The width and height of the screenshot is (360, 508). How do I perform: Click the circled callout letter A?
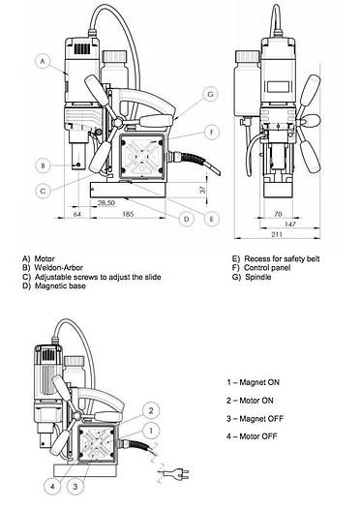click(43, 61)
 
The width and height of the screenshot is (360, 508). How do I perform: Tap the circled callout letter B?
click(43, 165)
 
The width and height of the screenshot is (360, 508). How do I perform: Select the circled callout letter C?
click(43, 191)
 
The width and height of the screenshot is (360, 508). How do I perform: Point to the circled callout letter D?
click(187, 219)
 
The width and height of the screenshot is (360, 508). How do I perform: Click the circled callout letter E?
click(212, 219)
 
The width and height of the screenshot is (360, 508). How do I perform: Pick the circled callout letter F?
click(212, 133)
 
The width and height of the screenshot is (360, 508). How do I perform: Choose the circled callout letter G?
click(211, 94)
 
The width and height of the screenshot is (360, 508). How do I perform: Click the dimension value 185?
click(128, 214)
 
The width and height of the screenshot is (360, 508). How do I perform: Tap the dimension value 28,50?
click(106, 203)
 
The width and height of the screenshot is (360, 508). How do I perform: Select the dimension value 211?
click(277, 234)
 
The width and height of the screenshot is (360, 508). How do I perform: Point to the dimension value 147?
click(290, 224)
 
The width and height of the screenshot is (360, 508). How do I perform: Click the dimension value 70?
click(278, 214)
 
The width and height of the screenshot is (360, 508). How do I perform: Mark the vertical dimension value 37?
click(203, 190)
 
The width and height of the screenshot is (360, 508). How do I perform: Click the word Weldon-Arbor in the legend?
click(59, 268)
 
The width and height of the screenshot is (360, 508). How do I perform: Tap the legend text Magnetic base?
click(60, 285)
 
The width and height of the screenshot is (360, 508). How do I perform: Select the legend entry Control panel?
click(267, 268)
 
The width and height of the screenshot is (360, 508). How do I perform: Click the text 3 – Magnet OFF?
click(255, 419)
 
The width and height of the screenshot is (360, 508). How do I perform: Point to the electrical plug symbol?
click(175, 475)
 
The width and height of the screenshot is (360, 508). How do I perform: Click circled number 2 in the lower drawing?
click(151, 411)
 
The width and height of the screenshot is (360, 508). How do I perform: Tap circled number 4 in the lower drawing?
click(53, 487)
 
